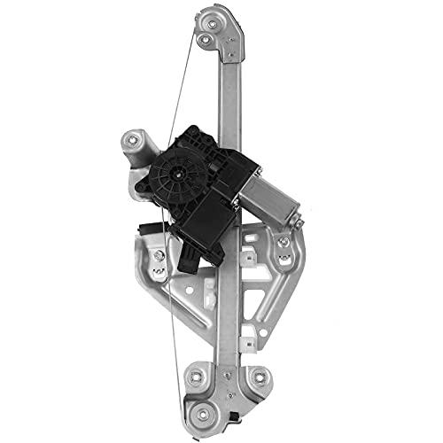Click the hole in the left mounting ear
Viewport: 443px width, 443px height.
click(134, 138)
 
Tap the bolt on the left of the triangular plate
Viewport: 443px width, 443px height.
click(158, 258)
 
